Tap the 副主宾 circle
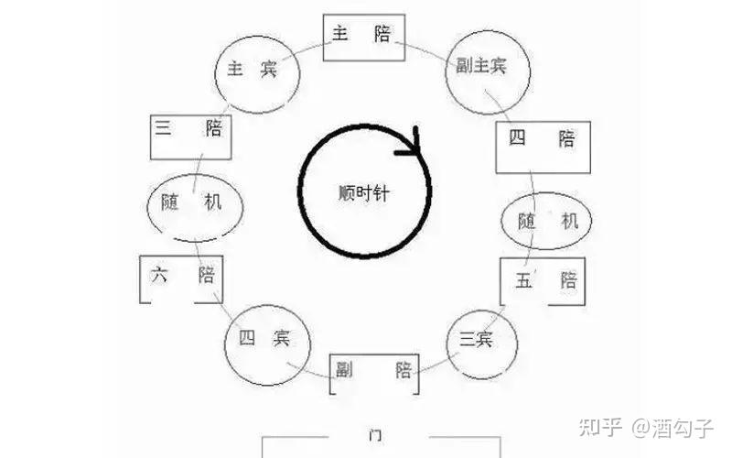pos(481,68)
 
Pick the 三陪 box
pos(190,136)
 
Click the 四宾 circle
pos(264,340)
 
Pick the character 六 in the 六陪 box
pos(161,274)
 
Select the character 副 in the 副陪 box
pos(347,370)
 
